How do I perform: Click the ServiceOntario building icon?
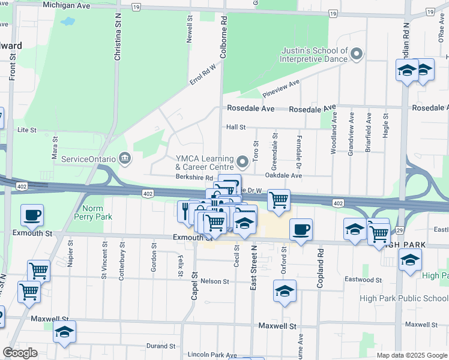[x=125, y=158]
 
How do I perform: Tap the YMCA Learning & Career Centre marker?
[x=243, y=161]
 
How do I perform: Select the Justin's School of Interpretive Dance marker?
[x=357, y=55]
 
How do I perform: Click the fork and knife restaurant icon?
[x=185, y=211]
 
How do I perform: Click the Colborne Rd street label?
[x=224, y=37]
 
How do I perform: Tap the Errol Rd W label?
[x=202, y=74]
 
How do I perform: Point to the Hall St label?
[x=236, y=127]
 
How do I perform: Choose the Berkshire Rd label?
[x=194, y=178]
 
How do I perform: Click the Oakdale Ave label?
[x=283, y=176]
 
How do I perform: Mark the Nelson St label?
[x=215, y=281]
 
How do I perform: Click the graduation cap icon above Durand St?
[x=64, y=332]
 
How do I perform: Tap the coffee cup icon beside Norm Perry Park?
[x=32, y=214]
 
